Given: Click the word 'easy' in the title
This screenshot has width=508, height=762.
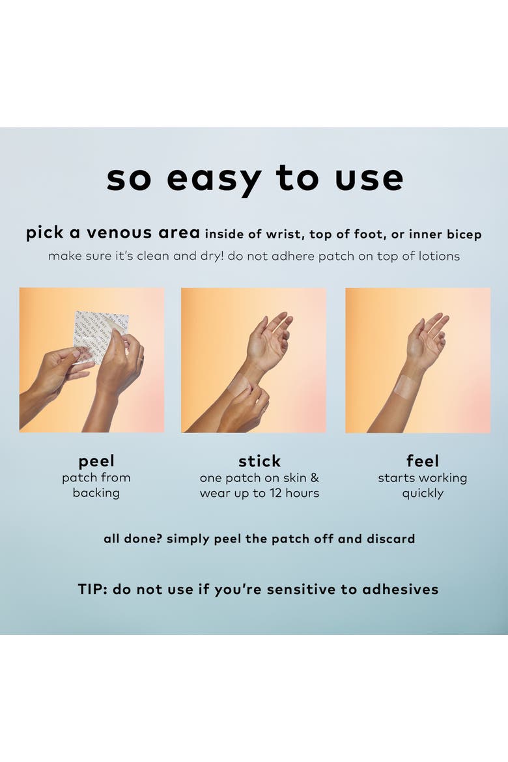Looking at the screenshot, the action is point(214,179).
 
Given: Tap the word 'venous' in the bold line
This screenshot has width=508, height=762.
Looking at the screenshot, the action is point(119,233).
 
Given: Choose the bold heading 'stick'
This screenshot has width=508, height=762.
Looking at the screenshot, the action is point(260,460).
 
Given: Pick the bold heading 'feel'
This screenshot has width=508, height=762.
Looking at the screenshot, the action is point(423,460).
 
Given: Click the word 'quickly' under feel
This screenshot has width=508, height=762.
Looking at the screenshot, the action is point(423,494).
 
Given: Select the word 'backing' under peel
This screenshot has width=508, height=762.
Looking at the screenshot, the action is point(96,493).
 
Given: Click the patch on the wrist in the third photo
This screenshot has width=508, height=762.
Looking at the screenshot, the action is point(406,387).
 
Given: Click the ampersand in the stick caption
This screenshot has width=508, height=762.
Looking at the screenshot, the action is point(315,478).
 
